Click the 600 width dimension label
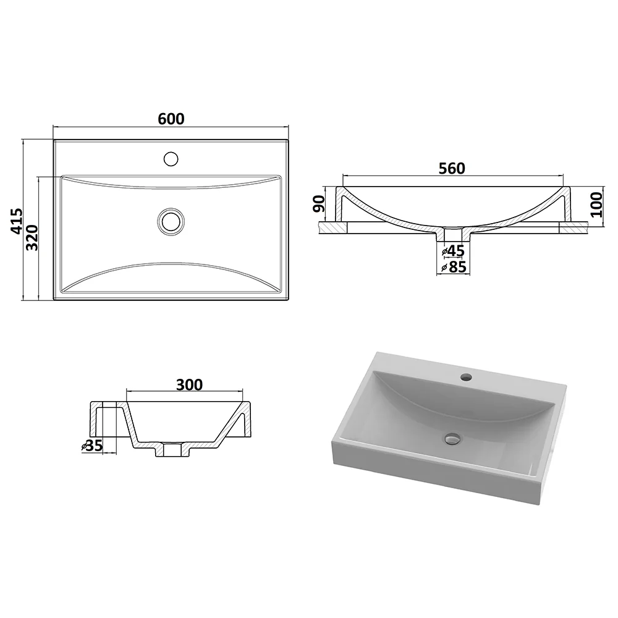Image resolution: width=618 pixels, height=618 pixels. click(171, 119)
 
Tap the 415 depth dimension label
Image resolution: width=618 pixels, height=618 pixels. click(17, 221)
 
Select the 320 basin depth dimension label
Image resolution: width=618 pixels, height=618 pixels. click(32, 238)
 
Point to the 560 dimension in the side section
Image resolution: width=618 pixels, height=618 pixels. click(452, 168)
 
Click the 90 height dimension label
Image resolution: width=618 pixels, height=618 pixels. click(319, 204)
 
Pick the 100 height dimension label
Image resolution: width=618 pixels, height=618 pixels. click(597, 205)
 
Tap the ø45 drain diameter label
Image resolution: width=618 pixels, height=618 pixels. click(453, 251)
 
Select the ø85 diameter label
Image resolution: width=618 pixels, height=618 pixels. click(454, 267)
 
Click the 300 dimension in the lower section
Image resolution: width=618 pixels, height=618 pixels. click(189, 384)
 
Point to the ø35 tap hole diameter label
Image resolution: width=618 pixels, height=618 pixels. click(92, 446)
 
